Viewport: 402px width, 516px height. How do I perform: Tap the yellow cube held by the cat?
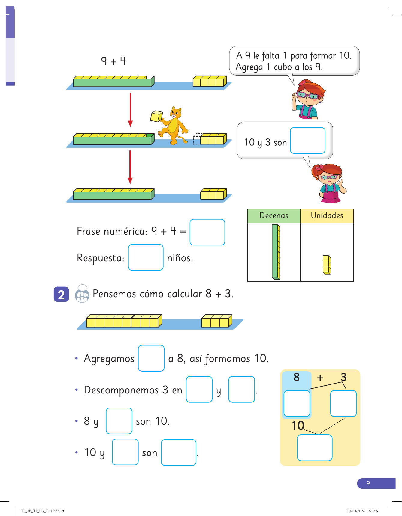coord(156,116)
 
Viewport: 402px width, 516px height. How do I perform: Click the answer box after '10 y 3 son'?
coord(307,141)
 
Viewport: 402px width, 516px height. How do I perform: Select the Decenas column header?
coord(274,216)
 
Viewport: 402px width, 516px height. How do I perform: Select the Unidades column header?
coord(327,216)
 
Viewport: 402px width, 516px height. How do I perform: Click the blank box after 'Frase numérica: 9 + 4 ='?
coord(207,232)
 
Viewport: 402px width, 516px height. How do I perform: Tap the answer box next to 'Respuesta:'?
coord(146,257)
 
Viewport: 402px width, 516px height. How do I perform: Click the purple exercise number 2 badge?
coord(61,294)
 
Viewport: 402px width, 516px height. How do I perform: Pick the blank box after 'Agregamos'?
coord(151,358)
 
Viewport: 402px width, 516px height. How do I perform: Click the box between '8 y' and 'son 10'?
coord(119,421)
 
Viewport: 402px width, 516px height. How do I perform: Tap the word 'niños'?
coord(180,258)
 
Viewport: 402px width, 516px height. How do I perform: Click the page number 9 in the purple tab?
coord(368,483)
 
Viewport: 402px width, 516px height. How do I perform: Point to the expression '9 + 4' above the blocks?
coord(113,61)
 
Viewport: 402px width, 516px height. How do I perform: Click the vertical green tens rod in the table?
coord(276,252)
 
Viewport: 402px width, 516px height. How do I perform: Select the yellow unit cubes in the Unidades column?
coord(327,265)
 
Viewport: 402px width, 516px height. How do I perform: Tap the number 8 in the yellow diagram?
coord(296,377)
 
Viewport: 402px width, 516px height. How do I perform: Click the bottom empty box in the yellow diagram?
coord(314,448)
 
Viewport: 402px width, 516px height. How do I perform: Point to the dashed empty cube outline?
coord(197,139)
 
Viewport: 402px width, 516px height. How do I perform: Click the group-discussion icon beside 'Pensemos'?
coord(82,294)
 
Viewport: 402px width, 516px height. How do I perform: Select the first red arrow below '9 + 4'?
coord(130,110)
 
